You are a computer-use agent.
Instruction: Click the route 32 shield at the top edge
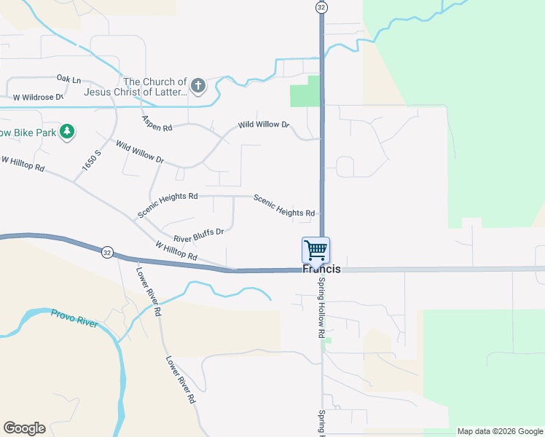coord(321,7)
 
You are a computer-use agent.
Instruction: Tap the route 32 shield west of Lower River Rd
coord(107,252)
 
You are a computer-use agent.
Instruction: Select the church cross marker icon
coord(198,87)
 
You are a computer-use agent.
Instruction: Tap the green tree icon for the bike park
coord(68,131)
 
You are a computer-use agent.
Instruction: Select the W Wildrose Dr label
coord(38,96)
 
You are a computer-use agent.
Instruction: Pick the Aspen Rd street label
coord(157,123)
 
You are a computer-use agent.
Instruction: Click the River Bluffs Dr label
coord(197,235)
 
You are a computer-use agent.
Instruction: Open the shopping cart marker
coord(316,250)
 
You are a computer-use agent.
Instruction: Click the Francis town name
coord(321,269)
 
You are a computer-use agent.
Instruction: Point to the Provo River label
coord(74,318)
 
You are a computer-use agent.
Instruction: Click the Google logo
coord(24,428)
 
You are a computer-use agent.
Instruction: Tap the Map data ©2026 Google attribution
coord(500,431)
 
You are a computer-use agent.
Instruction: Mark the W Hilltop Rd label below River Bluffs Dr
coord(176,251)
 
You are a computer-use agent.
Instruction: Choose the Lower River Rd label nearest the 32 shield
coord(148,291)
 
